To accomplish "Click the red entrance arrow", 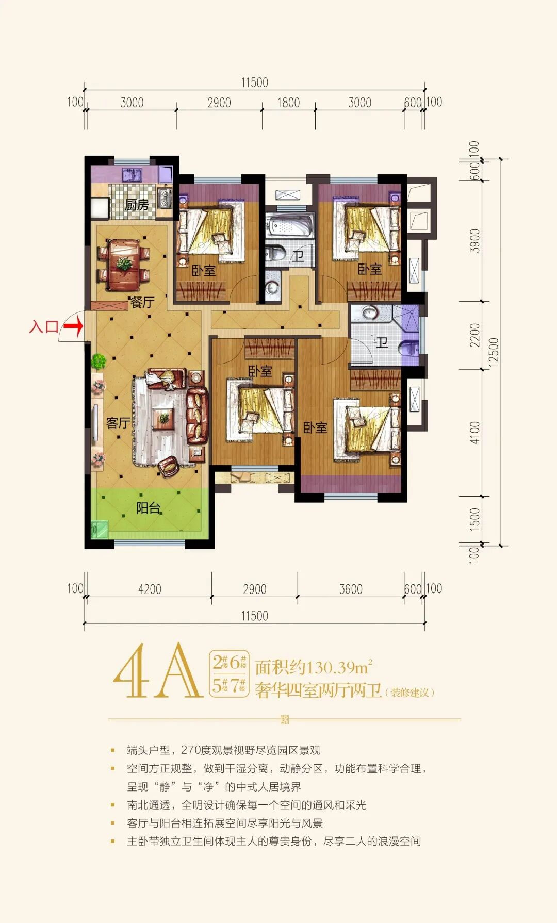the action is click(x=73, y=326).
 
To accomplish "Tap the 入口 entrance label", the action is click(x=44, y=326).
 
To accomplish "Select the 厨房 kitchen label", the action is click(x=137, y=205).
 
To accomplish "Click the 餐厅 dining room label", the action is click(x=142, y=302).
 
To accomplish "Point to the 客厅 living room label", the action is click(x=118, y=423).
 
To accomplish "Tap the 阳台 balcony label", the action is click(x=149, y=508).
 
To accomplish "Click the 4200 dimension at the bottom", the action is click(x=150, y=589).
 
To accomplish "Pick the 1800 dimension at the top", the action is click(x=288, y=103).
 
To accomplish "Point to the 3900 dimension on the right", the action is click(x=474, y=240).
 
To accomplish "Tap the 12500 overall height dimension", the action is click(x=494, y=352).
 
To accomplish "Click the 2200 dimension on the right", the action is click(x=474, y=335).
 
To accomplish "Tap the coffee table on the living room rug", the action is click(x=164, y=418).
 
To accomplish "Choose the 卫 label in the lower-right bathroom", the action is click(x=382, y=342).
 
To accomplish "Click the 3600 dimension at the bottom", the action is click(x=351, y=589).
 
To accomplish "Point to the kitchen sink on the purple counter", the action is click(x=133, y=175).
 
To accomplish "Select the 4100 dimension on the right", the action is click(x=474, y=432).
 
